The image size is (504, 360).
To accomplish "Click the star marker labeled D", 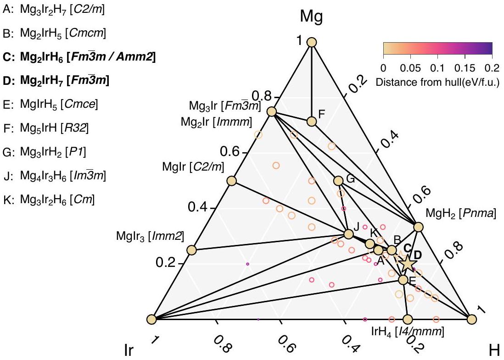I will pyautogui.click(x=407, y=262).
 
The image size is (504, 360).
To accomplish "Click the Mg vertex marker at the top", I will pyautogui.click(x=312, y=42).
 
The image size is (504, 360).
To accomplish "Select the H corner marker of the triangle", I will pyautogui.click(x=471, y=319).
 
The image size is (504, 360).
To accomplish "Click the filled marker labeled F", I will pyautogui.click(x=312, y=121).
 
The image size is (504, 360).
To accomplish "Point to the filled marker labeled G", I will pyautogui.click(x=338, y=181).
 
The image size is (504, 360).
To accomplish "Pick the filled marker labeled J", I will pyautogui.click(x=348, y=234).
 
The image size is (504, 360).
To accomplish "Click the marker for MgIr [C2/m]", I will pyautogui.click(x=232, y=181).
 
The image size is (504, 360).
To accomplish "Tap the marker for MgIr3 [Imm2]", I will pyautogui.click(x=191, y=250).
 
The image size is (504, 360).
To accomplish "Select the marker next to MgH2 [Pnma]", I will pyautogui.click(x=418, y=227).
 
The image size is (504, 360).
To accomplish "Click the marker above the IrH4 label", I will pyautogui.click(x=407, y=319).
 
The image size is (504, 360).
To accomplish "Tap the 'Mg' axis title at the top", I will pyautogui.click(x=311, y=17).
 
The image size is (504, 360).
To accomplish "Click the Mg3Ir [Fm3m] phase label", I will pyautogui.click(x=224, y=106).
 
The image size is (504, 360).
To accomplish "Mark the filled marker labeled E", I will pyautogui.click(x=403, y=279).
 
